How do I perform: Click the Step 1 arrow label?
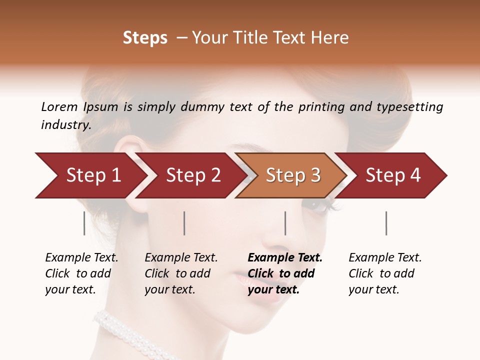[x=93, y=175]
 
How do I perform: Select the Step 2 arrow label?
[x=193, y=175]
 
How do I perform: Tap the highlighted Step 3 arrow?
[x=293, y=175]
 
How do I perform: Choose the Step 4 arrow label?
[x=393, y=175]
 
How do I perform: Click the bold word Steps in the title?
[x=145, y=38]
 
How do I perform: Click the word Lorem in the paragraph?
[x=59, y=107]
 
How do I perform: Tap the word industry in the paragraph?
[x=66, y=125]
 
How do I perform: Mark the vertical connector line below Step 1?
[x=84, y=223]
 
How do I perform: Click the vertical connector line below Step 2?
[x=184, y=223]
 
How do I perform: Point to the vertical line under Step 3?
[x=285, y=223]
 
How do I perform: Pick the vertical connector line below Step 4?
[x=386, y=223]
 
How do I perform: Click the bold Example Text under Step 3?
[x=285, y=258]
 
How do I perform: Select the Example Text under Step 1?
[x=81, y=258]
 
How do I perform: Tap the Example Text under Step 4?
[x=385, y=258]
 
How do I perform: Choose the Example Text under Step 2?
[x=181, y=258]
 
